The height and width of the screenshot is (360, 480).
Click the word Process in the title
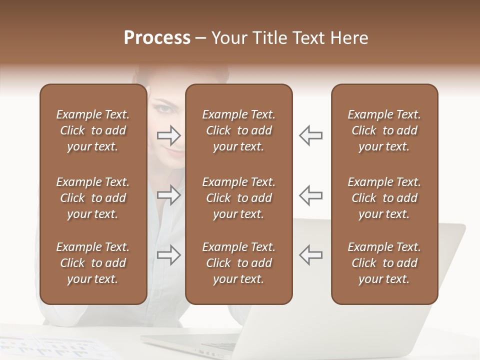(157, 38)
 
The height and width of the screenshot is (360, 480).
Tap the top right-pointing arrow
(168, 135)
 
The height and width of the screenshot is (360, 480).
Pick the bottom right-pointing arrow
(168, 255)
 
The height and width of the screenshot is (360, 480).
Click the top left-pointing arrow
(310, 135)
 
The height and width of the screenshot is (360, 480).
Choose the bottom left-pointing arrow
(310, 255)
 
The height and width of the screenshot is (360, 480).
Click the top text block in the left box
(93, 130)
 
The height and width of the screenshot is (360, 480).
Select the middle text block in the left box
(93, 198)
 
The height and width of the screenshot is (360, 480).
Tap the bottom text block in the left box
(93, 263)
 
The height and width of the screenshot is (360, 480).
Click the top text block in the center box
(238, 130)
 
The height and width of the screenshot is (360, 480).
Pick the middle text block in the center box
(238, 198)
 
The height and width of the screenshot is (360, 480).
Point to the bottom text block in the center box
(238, 263)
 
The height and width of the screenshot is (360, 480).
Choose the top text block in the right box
(384, 130)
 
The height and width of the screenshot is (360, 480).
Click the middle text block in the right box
(384, 198)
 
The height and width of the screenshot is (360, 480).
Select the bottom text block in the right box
(384, 263)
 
